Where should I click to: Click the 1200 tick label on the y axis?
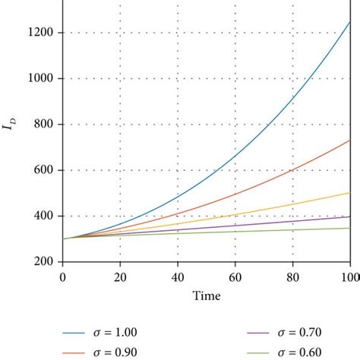pos(39,33)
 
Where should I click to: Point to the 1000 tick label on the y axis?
pos(39,78)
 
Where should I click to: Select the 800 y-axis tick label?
pos(43,125)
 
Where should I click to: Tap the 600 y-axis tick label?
pos(43,170)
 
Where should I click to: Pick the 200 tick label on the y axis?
pos(43,261)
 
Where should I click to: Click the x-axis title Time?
pos(206,295)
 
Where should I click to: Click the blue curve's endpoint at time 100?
pos(349,21)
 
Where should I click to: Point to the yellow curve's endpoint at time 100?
pos(349,193)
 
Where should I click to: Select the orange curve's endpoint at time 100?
pos(349,140)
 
